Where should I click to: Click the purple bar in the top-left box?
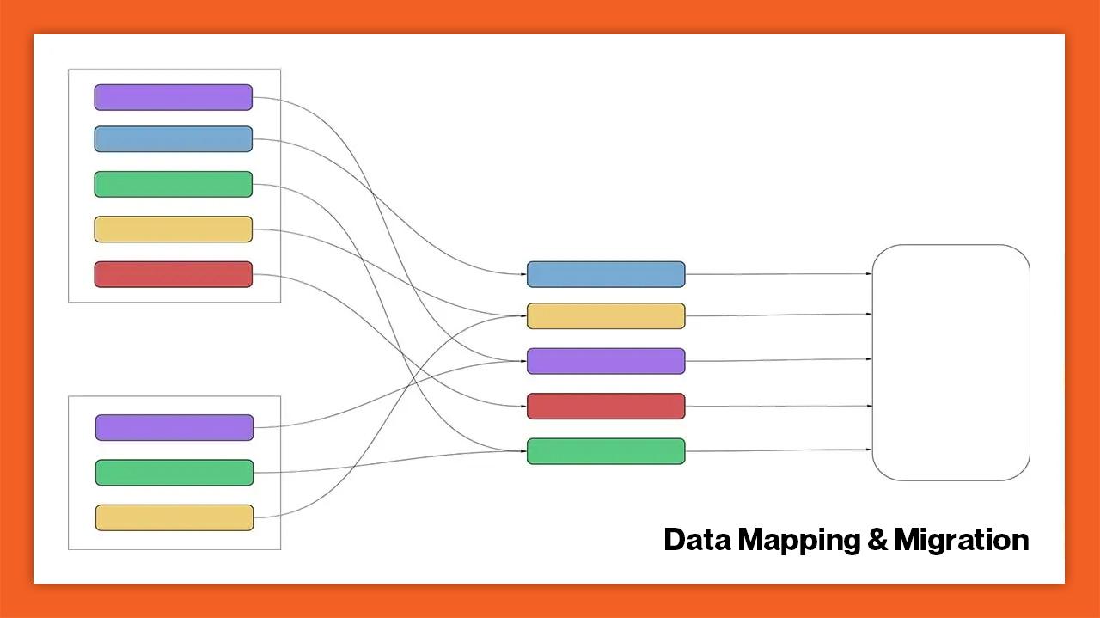point(173,97)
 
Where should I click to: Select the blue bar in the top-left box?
point(173,139)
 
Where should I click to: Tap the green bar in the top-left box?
point(173,184)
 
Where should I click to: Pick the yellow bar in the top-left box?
point(173,229)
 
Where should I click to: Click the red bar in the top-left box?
point(173,274)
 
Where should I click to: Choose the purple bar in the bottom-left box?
point(174,427)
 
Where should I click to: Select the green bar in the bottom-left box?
point(174,473)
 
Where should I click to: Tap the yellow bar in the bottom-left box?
point(174,517)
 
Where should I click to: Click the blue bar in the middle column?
point(606,274)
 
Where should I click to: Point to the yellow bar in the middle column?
point(606,316)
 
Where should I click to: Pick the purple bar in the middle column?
point(606,361)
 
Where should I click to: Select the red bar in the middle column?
point(606,407)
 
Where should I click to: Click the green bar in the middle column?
point(606,451)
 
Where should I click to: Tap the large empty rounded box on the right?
point(950,362)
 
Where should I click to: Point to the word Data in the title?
point(698,540)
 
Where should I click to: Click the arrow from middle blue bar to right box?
point(779,274)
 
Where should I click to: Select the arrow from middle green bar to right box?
point(779,450)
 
